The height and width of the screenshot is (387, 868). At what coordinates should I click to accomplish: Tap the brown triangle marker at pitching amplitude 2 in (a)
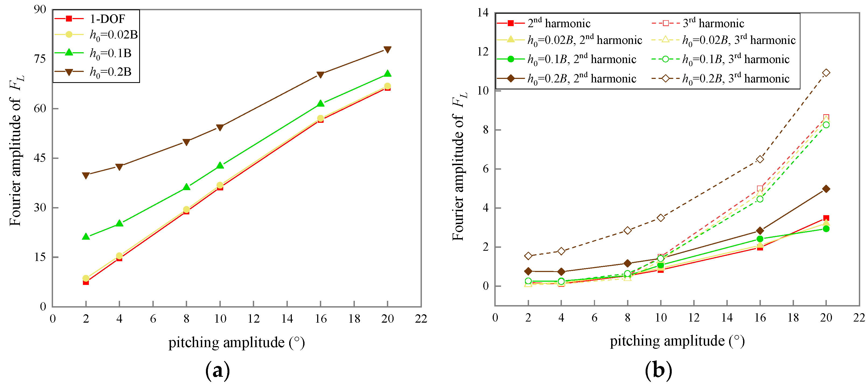[86, 175]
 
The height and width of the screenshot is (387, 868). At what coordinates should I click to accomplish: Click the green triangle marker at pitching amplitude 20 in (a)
[387, 74]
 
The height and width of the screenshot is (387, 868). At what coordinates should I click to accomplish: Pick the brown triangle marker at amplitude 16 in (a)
[320, 75]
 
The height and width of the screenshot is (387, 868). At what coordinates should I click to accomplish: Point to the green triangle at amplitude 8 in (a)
[186, 187]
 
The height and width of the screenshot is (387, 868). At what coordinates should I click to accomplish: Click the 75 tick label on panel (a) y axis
[40, 59]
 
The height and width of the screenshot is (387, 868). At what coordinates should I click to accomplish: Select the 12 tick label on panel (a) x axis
[253, 319]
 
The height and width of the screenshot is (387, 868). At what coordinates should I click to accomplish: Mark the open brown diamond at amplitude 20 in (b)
[826, 73]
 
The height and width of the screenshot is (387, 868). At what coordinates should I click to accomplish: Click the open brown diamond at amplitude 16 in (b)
[760, 159]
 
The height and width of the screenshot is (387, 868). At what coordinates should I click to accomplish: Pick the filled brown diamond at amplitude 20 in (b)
[826, 189]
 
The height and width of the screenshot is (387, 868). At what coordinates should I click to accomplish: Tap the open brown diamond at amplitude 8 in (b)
[627, 231]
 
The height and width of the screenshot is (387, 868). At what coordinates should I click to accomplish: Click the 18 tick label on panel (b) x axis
[793, 318]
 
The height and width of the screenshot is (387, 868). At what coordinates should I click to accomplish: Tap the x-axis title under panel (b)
[677, 341]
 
